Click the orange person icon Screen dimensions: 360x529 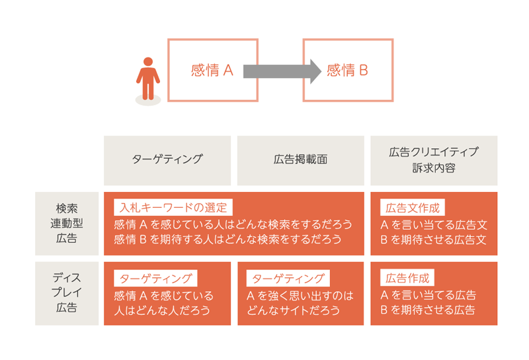click(x=148, y=78)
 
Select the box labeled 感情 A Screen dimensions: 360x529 click(x=212, y=70)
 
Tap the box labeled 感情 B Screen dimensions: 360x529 click(x=348, y=70)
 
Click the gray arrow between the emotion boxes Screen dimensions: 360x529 click(x=281, y=70)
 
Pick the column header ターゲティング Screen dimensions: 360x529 click(x=167, y=159)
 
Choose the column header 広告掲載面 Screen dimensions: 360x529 click(x=300, y=159)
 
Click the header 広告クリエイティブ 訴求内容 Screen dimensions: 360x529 click(x=434, y=159)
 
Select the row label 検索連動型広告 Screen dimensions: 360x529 click(x=66, y=223)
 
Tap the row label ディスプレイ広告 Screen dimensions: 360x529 click(x=66, y=293)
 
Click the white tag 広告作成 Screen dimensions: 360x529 click(x=407, y=278)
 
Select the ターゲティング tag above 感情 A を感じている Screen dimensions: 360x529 click(x=155, y=278)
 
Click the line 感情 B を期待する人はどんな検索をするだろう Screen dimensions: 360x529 click(x=227, y=240)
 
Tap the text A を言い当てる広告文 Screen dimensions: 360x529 click(x=434, y=224)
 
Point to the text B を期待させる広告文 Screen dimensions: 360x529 click(x=434, y=240)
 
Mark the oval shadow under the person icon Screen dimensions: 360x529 click(x=148, y=101)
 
